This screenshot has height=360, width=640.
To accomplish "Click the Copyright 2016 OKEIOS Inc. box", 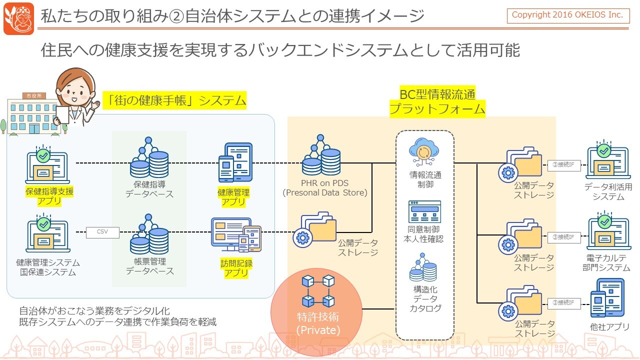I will [x=567, y=15].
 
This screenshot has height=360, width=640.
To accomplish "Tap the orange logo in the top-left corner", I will [x=18, y=18].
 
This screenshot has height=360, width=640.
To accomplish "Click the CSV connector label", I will [x=102, y=232].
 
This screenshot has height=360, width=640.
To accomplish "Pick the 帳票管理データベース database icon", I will [x=149, y=235].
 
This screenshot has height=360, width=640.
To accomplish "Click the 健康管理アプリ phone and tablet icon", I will [x=235, y=163].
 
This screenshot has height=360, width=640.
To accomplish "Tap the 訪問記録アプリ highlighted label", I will [x=236, y=268].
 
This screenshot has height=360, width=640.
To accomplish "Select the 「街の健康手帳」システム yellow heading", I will [x=174, y=100].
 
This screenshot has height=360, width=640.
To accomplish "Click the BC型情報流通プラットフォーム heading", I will [x=437, y=101].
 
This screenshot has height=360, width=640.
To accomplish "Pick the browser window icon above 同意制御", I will [x=424, y=211].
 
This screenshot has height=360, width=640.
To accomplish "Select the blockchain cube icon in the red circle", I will [x=317, y=290].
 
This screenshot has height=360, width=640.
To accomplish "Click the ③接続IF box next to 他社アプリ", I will [x=563, y=302].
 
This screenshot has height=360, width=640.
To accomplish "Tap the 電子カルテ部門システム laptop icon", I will [x=607, y=234].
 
